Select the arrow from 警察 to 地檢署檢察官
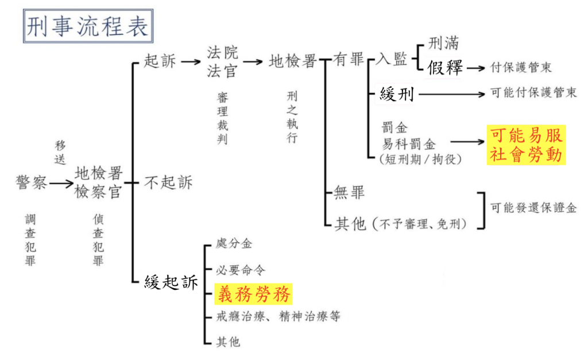tap(61, 183)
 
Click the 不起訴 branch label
tap(168, 183)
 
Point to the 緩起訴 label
tap(172, 282)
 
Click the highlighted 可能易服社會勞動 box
tap(526, 145)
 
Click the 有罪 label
tap(349, 60)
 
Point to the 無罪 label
tap(349, 192)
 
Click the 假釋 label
tap(444, 68)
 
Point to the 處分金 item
tap(234, 244)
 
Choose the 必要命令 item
tap(241, 269)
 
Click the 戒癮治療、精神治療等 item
tap(278, 316)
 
